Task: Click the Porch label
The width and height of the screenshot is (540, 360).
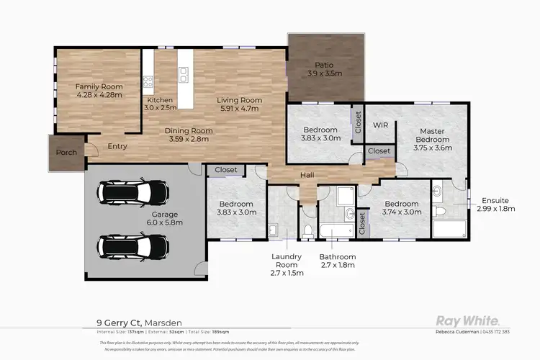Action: [x=66, y=153]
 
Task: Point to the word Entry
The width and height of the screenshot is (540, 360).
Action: [x=117, y=146]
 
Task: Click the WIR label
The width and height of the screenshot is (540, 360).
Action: [x=380, y=125]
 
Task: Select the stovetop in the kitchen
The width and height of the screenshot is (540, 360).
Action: [x=148, y=81]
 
